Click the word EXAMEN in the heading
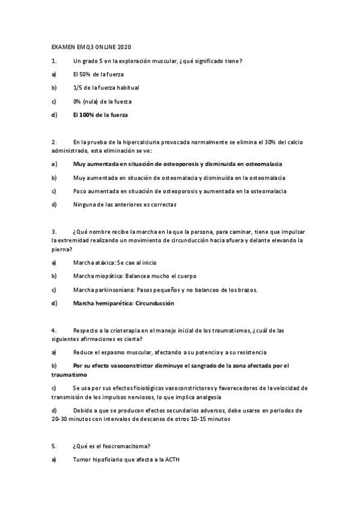[x=61, y=47]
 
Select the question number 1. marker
[x=54, y=61]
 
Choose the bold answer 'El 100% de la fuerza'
[x=100, y=114]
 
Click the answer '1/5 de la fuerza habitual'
[x=106, y=88]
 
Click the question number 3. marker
[x=54, y=232]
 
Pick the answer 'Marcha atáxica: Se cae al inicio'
[x=115, y=263]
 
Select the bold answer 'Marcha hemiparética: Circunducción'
[x=123, y=303]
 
